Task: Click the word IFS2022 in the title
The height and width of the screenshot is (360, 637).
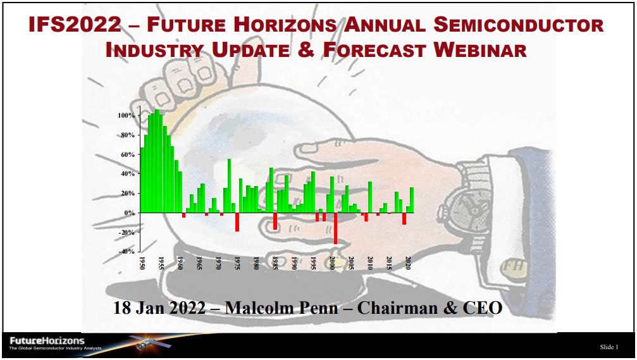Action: point(75,25)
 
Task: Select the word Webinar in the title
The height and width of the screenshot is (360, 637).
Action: point(480,50)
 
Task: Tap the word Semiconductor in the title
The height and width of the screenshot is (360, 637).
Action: point(519,25)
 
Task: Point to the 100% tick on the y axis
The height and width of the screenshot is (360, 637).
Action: point(126,115)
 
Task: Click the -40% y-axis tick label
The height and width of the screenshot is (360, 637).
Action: point(127,252)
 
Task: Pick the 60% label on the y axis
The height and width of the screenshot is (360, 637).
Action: point(128,155)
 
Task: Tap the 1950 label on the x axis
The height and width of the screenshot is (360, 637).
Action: point(142,263)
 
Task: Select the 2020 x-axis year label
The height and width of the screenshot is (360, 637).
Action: point(408,263)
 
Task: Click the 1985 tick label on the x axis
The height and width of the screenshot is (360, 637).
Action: point(275,263)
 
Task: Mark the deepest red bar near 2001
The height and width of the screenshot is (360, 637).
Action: point(335,228)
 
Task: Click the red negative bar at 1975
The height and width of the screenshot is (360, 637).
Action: point(237,222)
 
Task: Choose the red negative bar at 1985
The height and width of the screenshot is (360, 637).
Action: point(275,221)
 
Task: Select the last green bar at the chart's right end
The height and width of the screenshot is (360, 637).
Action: point(412,200)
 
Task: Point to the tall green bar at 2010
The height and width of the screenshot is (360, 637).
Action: point(370,197)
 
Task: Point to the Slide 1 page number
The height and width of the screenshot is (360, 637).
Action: point(609,347)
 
